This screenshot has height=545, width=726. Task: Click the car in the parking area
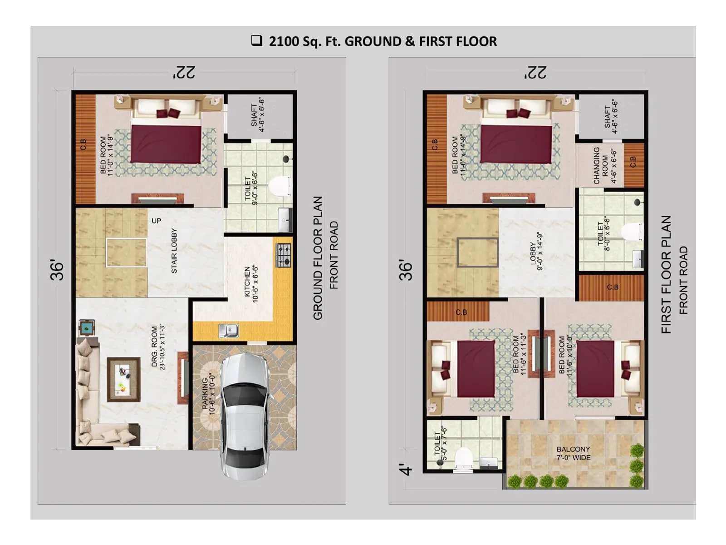click(244, 416)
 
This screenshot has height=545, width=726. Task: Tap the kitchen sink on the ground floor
click(229, 330)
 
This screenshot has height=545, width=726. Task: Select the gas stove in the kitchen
click(284, 255)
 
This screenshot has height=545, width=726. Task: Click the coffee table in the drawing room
click(123, 379)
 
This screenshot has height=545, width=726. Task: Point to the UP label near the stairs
click(156, 221)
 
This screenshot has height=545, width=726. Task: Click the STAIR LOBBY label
click(174, 251)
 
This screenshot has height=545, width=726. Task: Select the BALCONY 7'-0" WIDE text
click(573, 453)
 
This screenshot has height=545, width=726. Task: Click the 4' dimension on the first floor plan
click(407, 470)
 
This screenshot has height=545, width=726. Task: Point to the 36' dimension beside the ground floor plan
click(57, 270)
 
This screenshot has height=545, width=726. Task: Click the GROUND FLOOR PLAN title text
click(318, 258)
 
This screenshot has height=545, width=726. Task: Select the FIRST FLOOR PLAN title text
click(666, 275)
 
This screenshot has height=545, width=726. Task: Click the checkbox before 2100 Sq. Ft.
click(257, 41)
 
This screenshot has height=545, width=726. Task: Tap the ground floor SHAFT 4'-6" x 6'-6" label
click(258, 115)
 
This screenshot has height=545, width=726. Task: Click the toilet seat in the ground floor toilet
click(280, 187)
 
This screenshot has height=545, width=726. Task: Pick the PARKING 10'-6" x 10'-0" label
click(208, 395)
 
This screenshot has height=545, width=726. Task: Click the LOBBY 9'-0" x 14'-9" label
click(536, 252)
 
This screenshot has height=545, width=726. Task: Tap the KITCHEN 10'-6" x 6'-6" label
click(251, 284)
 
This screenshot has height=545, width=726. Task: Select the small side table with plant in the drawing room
click(87, 327)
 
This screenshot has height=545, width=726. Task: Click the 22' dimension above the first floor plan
click(535, 73)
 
